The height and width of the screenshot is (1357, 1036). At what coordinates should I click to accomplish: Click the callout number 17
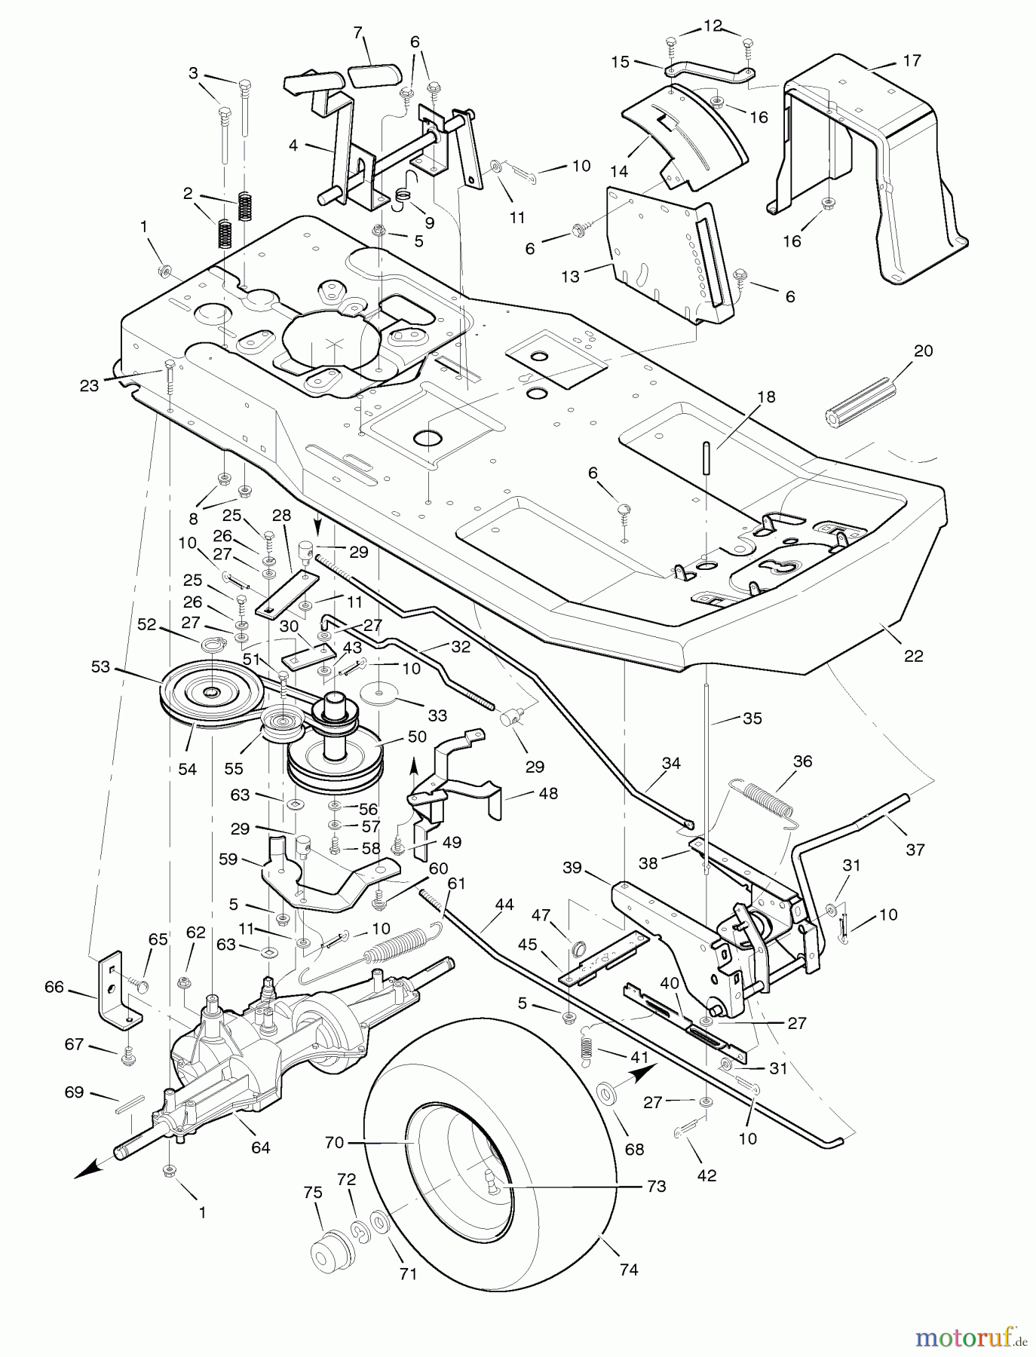click(912, 60)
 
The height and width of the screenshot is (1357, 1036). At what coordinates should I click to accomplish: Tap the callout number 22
click(913, 656)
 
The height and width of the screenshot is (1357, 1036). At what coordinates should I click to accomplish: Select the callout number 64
click(261, 1147)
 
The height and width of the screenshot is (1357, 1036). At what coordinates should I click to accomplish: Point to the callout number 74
click(628, 1270)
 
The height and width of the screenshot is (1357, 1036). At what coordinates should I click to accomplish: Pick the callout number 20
click(923, 351)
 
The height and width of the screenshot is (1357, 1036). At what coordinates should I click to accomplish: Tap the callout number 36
click(802, 761)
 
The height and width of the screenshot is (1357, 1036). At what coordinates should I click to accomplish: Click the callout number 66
click(54, 987)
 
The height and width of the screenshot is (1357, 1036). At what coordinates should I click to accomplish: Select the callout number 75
click(313, 1193)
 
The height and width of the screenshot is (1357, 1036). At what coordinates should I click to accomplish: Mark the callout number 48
click(548, 794)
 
